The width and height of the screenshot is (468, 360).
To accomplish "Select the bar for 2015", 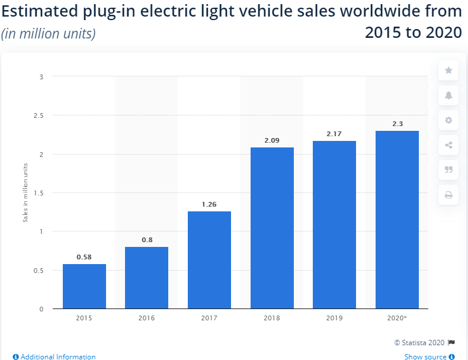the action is [84, 287].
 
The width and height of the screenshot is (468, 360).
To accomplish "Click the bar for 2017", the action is [209, 260].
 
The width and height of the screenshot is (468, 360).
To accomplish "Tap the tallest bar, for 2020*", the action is [397, 220].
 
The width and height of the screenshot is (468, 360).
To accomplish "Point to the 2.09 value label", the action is [272, 140].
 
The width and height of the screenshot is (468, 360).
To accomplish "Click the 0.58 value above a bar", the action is [84, 257].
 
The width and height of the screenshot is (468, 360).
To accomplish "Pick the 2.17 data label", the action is [334, 134].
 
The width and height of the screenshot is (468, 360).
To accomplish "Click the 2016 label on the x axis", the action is [146, 318].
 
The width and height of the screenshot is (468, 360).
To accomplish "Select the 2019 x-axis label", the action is [334, 318].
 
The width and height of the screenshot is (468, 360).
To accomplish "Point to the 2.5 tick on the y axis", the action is [39, 115].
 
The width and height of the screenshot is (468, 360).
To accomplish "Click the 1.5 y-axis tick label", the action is [39, 193].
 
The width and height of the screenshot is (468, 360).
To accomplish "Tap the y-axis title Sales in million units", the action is [25, 192].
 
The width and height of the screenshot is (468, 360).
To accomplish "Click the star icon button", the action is [448, 70].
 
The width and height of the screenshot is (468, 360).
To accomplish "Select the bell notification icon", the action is [448, 95].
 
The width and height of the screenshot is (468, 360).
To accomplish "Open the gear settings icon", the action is [448, 120].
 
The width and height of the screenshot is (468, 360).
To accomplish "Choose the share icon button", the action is [448, 145].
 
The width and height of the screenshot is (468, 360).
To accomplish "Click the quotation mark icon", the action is [448, 170].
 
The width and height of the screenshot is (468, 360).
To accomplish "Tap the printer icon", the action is [448, 195].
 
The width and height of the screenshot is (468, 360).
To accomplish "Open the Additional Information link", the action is [55, 356].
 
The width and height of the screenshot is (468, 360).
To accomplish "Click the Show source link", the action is [429, 356].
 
